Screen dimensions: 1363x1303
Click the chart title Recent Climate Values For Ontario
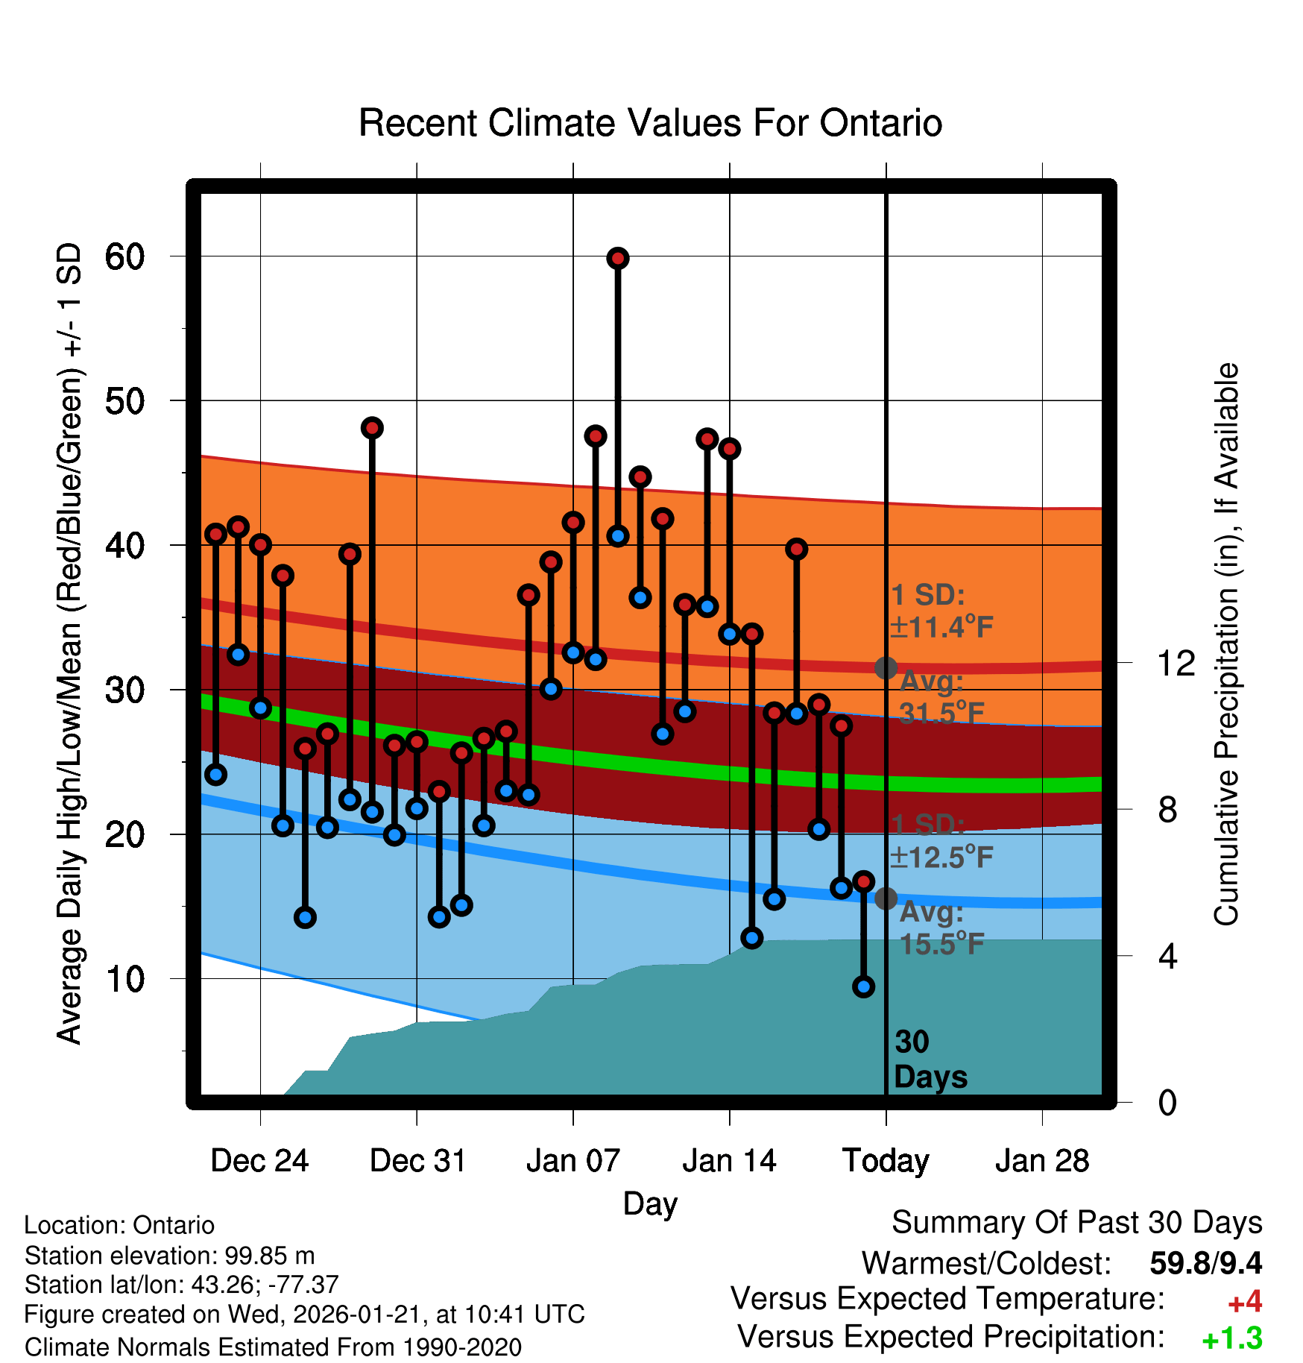point(650,123)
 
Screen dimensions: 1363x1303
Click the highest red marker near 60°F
point(617,259)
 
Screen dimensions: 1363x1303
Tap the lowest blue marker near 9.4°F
point(863,986)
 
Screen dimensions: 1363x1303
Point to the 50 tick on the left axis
point(124,401)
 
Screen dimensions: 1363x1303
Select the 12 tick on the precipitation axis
point(1176,663)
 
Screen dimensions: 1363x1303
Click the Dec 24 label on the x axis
point(259,1161)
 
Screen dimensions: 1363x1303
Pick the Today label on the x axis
point(886,1161)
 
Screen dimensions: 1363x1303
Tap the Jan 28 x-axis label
point(1042,1161)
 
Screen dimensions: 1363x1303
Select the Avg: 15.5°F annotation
point(941,928)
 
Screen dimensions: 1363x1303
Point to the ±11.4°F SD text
point(941,627)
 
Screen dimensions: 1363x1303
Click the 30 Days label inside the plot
point(930,1060)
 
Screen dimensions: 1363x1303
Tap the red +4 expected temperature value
point(1244,1302)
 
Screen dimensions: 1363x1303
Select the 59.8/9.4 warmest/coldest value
point(1205,1263)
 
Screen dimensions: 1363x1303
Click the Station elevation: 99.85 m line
point(169,1256)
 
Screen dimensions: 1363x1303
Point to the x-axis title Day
point(650,1204)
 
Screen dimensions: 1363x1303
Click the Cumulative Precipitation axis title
point(1226,644)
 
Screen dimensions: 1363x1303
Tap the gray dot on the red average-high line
point(886,667)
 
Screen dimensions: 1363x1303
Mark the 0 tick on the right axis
point(1167,1102)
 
